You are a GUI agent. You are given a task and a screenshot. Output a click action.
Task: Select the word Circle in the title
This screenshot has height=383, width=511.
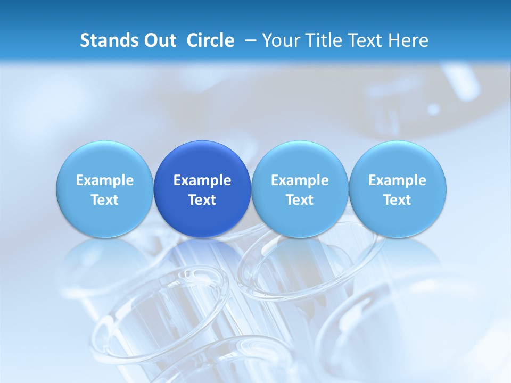(x=210, y=40)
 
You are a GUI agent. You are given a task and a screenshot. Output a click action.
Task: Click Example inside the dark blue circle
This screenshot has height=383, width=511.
(x=202, y=181)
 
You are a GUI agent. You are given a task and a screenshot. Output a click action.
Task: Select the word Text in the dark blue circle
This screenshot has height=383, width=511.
(x=202, y=200)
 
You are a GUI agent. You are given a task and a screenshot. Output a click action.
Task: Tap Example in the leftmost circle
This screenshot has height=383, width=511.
(x=105, y=181)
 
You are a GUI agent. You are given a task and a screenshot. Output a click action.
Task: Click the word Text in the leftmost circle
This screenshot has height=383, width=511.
(x=105, y=200)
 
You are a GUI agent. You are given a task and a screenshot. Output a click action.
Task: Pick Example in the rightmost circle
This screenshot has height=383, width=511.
(x=398, y=181)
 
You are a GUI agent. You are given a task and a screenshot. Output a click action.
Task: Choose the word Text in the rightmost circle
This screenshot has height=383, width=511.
(x=398, y=200)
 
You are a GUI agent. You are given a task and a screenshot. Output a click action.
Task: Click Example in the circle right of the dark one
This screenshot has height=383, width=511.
(x=300, y=181)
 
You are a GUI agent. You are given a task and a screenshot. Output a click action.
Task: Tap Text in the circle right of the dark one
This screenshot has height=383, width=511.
(x=300, y=200)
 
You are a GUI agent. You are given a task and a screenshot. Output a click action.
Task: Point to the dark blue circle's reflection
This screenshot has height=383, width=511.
(x=202, y=261)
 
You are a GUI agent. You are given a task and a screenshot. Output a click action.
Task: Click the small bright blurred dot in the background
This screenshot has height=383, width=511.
(x=434, y=110)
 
